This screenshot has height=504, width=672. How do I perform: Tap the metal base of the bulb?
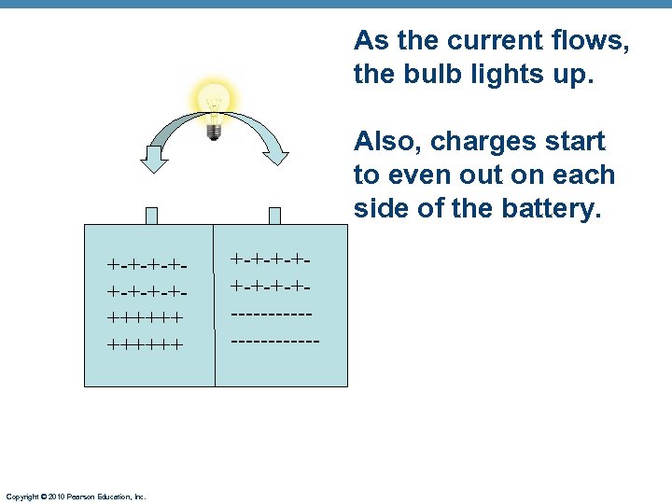tap(214, 132)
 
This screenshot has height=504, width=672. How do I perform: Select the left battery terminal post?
tap(152, 216)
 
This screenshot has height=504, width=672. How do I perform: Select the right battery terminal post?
tap(275, 216)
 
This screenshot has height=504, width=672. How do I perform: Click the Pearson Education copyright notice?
tap(76, 497)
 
